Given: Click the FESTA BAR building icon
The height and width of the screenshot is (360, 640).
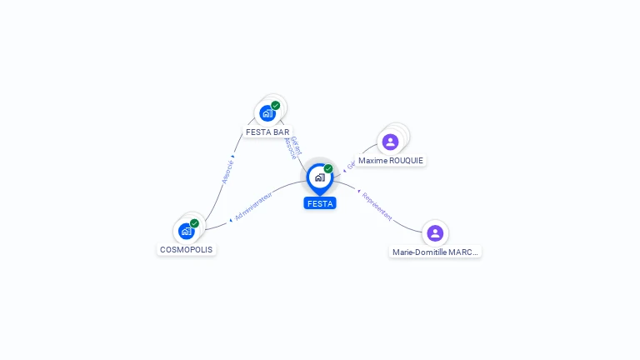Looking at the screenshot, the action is pos(267,112).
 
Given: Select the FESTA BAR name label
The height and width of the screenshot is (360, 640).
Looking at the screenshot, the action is pos(267,132).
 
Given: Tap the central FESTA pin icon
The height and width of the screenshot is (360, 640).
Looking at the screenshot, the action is pos(319,177).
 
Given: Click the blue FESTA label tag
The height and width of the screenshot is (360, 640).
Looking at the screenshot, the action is pos(320,203).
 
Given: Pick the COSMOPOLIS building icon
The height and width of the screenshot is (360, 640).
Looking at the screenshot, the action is pos(187,231).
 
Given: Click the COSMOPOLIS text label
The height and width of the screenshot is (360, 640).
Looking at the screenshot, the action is pos(186,249).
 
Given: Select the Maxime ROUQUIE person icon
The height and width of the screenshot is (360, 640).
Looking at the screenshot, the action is pos(390,142).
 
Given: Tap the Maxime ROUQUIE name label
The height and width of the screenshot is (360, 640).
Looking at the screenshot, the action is pos(391,160).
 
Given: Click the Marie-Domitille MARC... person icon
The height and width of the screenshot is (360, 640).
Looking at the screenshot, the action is pos(435,232).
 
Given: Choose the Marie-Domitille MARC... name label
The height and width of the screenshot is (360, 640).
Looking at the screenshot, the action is pos(436,252).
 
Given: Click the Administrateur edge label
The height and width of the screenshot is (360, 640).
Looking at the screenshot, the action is pos(253,206).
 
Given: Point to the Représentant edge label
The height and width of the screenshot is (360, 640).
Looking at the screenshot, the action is pos(377,205).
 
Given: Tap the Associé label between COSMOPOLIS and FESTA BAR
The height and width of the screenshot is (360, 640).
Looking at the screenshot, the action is pos(227,171).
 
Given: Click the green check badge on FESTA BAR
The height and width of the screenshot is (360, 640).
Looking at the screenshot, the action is pos(276,105).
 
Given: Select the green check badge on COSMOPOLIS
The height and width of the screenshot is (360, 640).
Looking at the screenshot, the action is pos(194,223).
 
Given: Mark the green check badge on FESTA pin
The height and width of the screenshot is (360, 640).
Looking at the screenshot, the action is pos(328,168).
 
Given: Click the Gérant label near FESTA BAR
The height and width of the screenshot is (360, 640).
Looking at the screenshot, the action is pos(295,143).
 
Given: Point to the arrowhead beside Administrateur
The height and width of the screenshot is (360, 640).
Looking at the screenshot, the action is pos(230,221).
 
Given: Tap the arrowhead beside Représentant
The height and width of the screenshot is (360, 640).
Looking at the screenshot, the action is pos(358,192).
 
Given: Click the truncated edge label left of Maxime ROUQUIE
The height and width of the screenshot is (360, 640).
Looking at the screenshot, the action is pos(351,165).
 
